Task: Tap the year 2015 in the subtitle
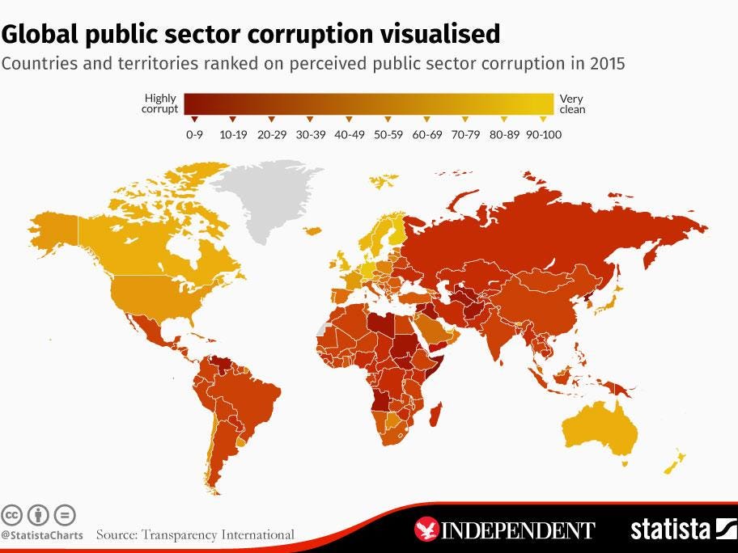[607, 64]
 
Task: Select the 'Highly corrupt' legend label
[159, 103]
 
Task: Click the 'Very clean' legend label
[571, 103]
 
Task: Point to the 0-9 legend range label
[194, 134]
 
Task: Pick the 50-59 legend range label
[388, 134]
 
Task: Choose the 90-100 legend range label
[543, 134]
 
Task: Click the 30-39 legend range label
[310, 134]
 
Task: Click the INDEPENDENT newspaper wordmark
[518, 530]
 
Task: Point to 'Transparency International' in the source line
[218, 534]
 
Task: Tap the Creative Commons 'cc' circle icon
[12, 515]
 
